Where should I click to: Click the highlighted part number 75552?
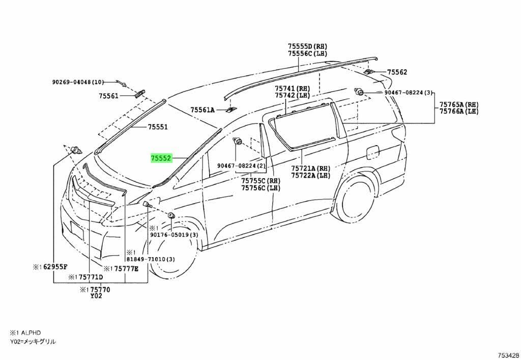[160, 158]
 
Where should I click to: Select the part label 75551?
[158, 127]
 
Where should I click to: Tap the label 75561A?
[202, 109]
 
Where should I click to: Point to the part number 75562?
[397, 73]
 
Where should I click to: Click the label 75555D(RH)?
[307, 46]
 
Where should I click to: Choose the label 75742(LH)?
[293, 95]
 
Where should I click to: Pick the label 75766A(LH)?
[459, 112]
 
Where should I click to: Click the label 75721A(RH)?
[311, 169]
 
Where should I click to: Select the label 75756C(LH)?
[261, 187]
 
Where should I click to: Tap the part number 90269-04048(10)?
[78, 81]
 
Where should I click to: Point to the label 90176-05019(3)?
[174, 235]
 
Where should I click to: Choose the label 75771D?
[90, 277]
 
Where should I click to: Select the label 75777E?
[125, 269]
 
